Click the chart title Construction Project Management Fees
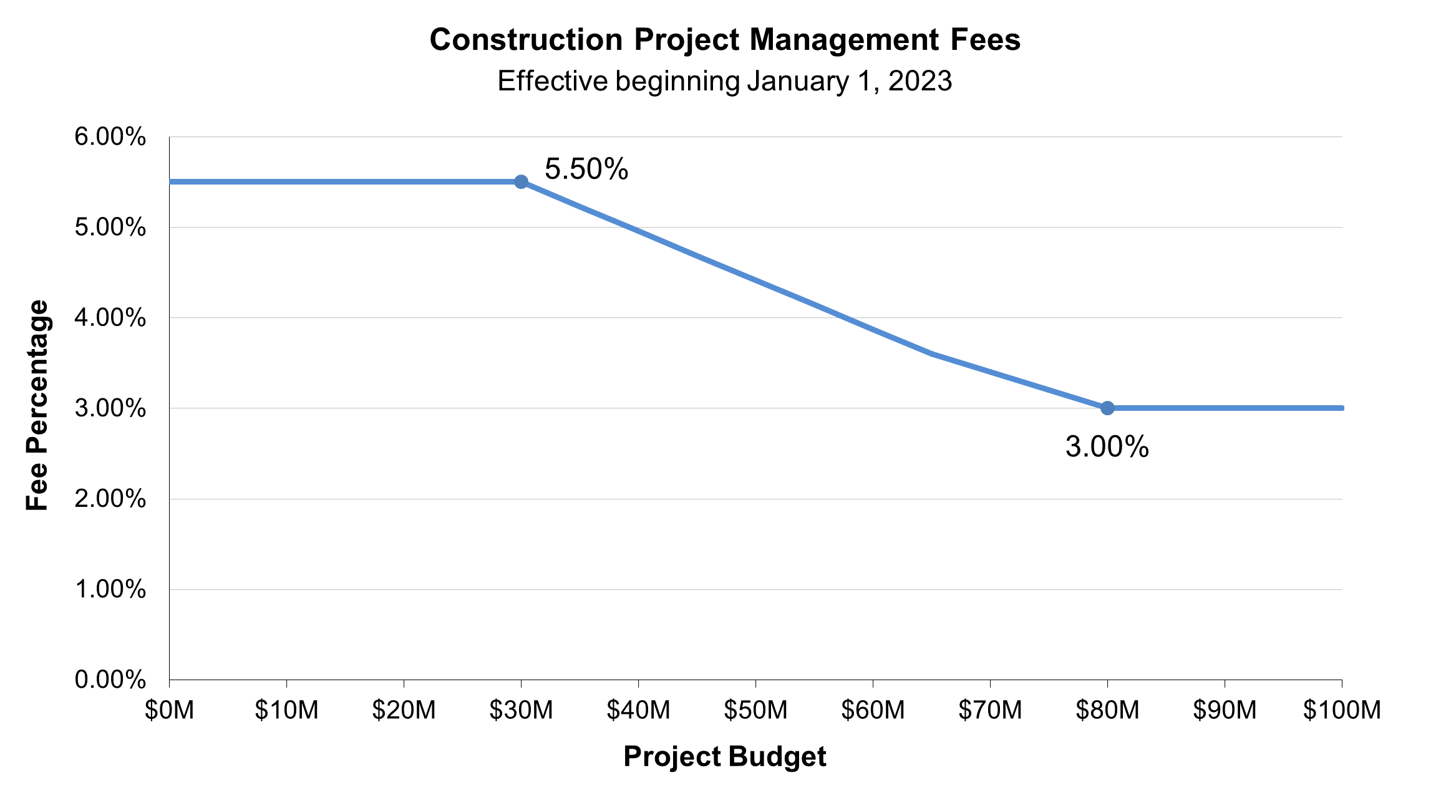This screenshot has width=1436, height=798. (724, 40)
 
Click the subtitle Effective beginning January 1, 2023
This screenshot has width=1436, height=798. (724, 81)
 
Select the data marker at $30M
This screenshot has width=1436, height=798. (522, 182)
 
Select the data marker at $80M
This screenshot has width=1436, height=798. (1107, 408)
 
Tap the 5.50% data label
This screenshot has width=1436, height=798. (586, 169)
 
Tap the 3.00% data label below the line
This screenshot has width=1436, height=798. (1107, 447)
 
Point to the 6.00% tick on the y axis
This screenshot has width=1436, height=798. (110, 137)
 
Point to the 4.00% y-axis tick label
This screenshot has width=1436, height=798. (110, 318)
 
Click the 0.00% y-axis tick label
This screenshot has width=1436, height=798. (110, 680)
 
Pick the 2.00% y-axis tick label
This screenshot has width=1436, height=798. (110, 499)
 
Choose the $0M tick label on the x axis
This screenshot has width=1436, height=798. (169, 710)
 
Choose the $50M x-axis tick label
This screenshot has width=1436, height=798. (755, 710)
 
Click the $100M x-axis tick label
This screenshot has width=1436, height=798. (1342, 710)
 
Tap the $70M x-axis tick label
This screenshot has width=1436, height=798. (990, 710)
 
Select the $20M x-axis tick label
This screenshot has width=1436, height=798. (404, 710)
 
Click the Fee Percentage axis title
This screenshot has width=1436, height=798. (37, 405)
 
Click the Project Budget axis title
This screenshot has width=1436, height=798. (724, 757)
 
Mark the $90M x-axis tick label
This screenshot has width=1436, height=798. (1225, 710)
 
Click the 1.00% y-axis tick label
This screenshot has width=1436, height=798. (110, 589)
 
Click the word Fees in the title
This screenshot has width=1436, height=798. (986, 40)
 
